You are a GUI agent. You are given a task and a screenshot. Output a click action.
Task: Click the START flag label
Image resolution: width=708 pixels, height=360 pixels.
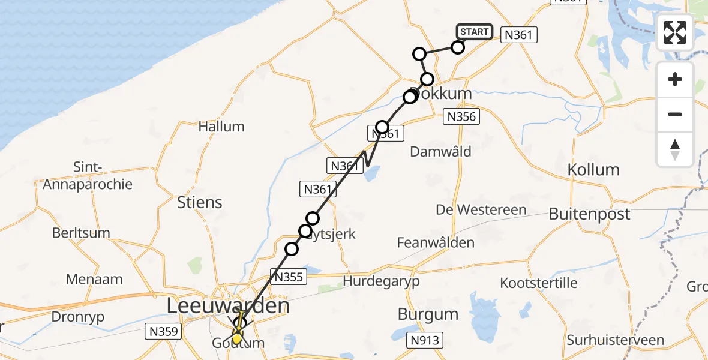[475, 32]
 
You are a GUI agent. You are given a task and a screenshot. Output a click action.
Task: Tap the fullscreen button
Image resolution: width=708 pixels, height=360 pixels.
[675, 32]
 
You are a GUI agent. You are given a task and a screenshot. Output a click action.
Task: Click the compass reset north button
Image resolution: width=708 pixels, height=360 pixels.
[675, 149]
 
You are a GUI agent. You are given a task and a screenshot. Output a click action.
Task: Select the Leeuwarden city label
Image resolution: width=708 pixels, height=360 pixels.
[228, 306]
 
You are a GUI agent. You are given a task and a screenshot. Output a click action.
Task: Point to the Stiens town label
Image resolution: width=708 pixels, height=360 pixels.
[200, 202]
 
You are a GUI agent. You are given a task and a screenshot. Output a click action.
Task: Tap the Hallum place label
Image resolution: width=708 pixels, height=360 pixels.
[221, 127]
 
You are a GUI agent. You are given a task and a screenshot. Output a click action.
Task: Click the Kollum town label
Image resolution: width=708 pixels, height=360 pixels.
[593, 169]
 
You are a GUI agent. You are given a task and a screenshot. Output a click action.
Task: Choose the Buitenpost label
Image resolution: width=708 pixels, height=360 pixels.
[590, 214]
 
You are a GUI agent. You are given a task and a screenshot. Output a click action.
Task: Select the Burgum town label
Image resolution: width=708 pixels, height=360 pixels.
[428, 314]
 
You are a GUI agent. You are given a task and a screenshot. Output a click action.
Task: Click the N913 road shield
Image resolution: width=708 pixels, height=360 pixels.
[425, 341]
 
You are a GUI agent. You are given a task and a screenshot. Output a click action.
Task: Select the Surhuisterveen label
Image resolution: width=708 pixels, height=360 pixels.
[616, 340]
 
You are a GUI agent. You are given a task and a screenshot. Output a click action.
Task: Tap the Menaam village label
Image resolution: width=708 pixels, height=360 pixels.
[95, 279]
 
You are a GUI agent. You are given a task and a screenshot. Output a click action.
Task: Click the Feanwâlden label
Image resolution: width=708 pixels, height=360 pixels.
[436, 243]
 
